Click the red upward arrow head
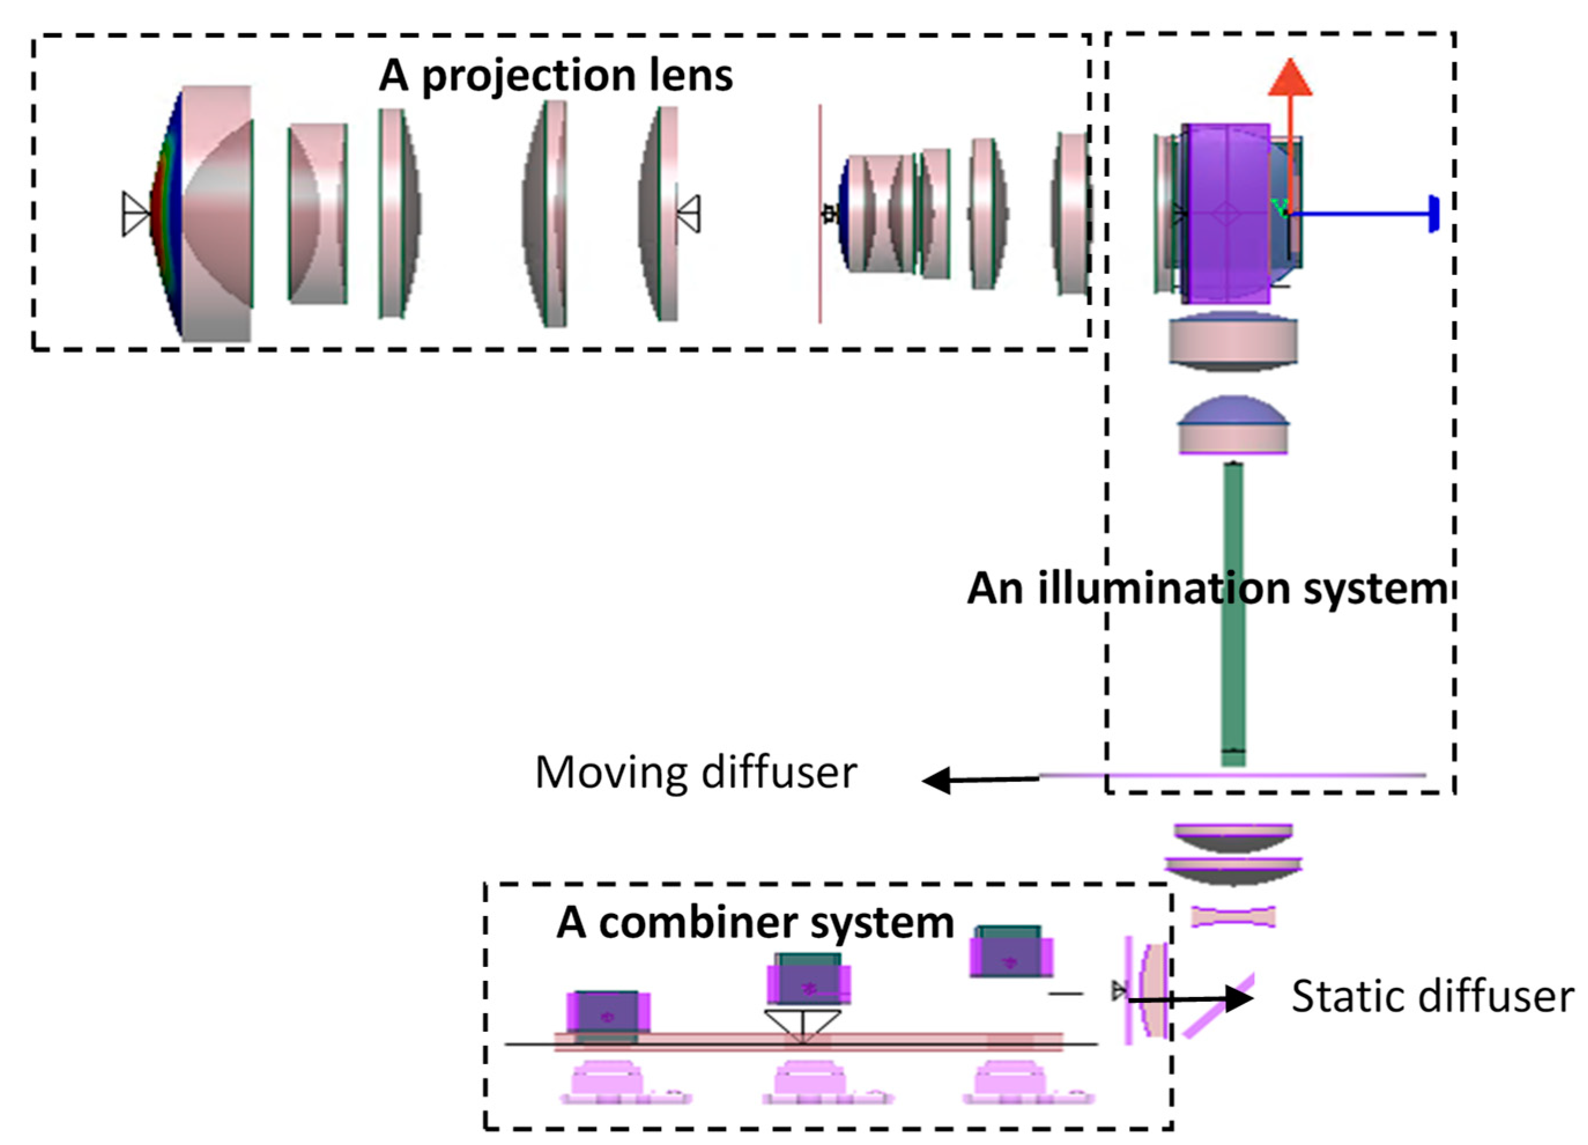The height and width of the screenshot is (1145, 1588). tap(1290, 79)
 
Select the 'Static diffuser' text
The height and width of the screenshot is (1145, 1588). tap(1432, 996)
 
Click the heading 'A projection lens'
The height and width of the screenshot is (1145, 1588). tap(556, 76)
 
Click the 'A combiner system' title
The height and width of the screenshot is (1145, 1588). tap(755, 923)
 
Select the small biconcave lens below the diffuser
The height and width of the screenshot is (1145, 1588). tap(1233, 917)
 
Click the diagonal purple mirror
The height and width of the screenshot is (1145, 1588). tap(1218, 1006)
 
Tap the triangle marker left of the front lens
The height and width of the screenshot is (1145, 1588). tap(135, 214)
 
